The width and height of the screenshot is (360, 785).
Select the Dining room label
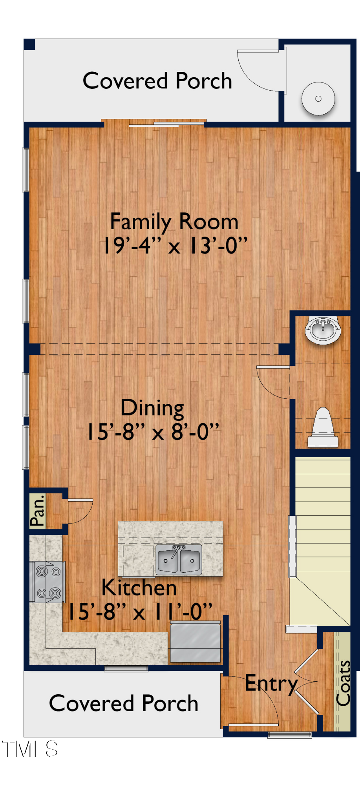[x=152, y=408]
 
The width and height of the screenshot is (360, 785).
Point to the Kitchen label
[x=139, y=588]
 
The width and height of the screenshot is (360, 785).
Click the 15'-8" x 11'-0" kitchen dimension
[x=140, y=612]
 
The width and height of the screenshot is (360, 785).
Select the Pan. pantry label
[x=38, y=511]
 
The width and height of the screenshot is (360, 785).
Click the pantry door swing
[x=80, y=511]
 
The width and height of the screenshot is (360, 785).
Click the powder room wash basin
[x=323, y=330]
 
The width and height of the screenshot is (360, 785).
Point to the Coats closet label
[x=343, y=683]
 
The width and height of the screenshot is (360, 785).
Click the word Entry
[x=271, y=684]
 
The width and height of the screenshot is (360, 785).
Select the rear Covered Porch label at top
[x=157, y=81]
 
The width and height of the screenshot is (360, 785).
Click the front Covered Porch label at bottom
[x=123, y=703]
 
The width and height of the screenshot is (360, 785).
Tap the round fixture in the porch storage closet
[x=318, y=99]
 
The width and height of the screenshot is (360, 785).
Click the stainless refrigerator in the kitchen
[x=195, y=642]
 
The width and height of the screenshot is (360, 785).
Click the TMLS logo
[x=30, y=749]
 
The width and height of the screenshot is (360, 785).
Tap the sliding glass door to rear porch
[x=166, y=124]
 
